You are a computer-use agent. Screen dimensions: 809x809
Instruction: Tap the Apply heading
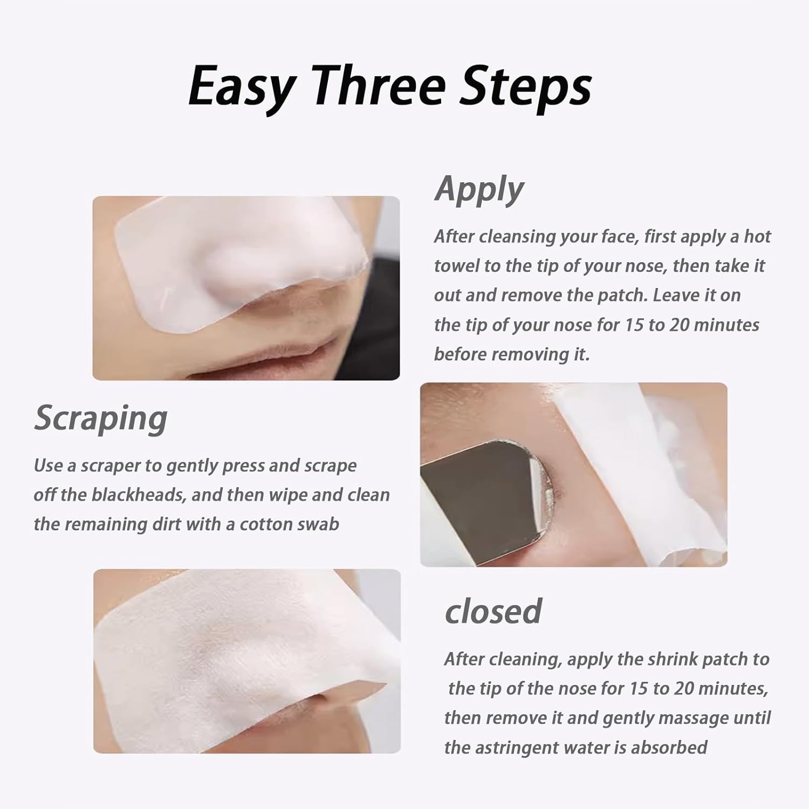[x=479, y=189]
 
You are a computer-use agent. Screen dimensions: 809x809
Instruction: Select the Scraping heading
[x=101, y=419]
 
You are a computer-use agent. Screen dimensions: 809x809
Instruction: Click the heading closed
[x=493, y=611]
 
